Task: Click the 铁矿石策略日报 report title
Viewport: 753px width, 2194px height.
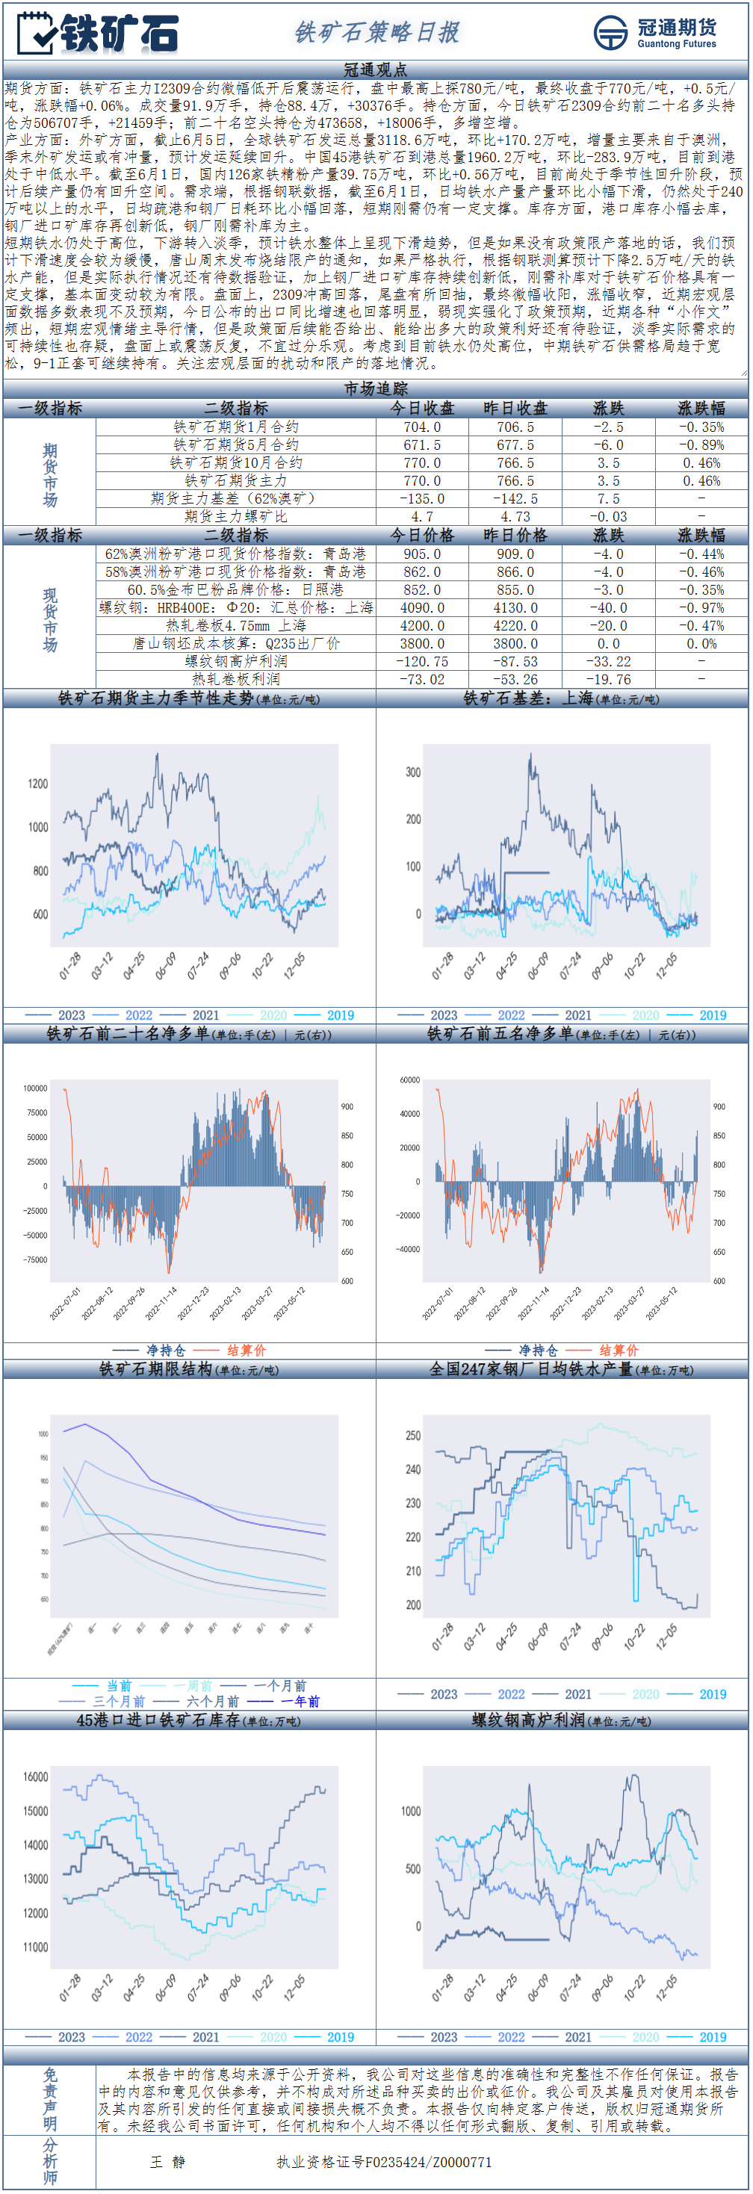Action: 376,32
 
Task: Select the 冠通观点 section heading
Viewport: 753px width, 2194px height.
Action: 376,69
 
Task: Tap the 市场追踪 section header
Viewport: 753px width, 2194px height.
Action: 376,388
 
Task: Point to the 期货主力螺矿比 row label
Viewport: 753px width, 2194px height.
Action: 236,516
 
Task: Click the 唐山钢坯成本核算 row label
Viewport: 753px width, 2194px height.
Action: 236,643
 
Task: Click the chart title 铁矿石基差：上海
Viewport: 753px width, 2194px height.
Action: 528,698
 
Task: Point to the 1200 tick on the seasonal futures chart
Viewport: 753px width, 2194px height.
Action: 37,784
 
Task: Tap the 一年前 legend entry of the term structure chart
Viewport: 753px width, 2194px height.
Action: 300,1701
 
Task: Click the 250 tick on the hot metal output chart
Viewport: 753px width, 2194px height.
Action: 413,1436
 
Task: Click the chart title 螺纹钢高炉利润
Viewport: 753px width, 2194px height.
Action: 528,1720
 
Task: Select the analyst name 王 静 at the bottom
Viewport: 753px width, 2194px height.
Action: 168,2161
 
